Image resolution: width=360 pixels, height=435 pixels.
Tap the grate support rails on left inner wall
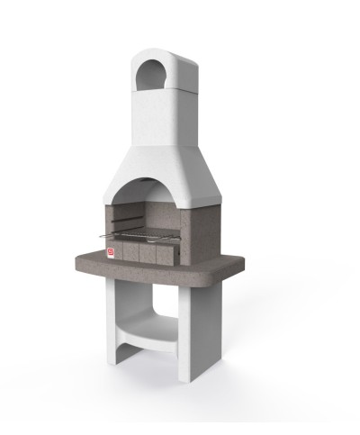(123, 221)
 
